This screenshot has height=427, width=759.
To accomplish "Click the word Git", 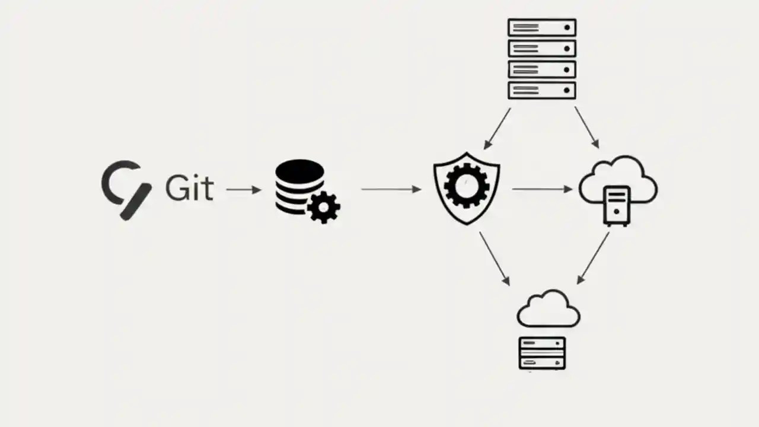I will coord(189,188).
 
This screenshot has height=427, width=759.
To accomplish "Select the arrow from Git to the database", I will coord(243,190).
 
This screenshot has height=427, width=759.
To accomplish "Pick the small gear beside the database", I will coord(324,206).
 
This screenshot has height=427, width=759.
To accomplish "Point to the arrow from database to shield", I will coord(391,190).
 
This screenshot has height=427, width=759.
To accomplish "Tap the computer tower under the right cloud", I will coord(617,205).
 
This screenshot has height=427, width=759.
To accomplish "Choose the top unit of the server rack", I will coord(542,27).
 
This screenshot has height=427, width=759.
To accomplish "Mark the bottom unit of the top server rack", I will coord(542,90).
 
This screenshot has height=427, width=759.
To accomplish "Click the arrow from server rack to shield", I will coord(497,128).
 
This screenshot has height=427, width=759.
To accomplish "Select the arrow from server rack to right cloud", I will coord(586,127).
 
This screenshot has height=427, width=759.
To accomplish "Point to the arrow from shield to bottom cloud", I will coord(494,258).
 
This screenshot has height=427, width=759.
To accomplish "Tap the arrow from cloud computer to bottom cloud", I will coord(593,258).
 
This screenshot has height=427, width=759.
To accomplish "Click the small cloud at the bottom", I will coord(548,310).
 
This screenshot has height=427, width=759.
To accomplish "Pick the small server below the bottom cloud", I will coord(542,353).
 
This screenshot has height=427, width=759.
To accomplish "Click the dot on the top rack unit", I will coord(567,27).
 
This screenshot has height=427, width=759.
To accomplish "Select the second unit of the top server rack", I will coord(542,48).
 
